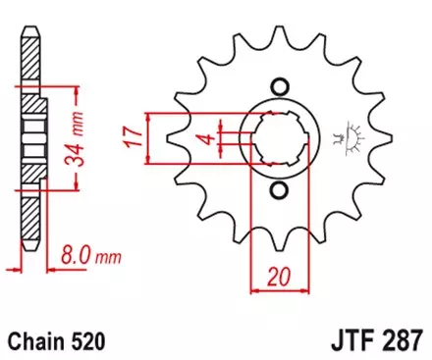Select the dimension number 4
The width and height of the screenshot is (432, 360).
(x=204, y=138)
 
